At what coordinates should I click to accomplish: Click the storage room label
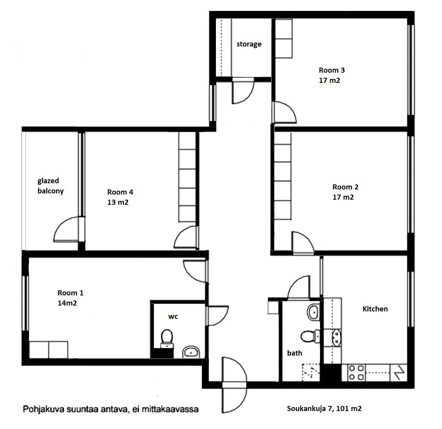point(249,44)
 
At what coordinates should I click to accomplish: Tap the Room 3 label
point(332,71)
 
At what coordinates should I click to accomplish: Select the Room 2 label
point(345,187)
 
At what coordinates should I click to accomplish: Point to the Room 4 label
point(120,192)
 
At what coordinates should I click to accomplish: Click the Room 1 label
point(70,293)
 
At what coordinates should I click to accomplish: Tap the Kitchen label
point(375,309)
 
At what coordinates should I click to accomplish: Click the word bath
point(295,353)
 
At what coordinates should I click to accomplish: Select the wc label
point(173,316)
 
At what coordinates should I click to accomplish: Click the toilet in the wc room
point(167,338)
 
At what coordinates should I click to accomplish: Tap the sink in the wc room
point(191,352)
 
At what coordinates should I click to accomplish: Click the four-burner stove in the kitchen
point(356,372)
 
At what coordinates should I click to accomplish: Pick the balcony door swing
point(67,230)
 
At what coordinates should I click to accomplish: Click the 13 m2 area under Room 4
point(118,202)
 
